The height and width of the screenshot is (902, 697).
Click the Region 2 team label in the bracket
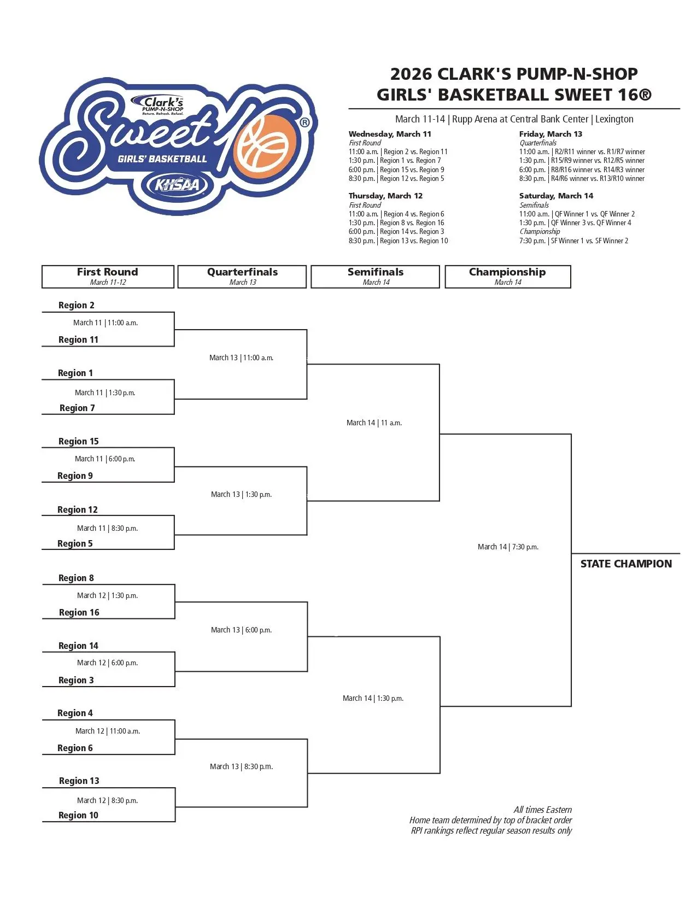(77, 305)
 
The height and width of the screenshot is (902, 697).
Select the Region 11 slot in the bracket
(79, 339)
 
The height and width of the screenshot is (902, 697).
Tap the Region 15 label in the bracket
(79, 441)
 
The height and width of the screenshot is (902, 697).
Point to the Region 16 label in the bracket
(79, 612)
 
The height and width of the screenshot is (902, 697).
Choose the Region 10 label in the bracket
(79, 815)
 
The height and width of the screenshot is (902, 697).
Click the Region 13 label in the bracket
(79, 781)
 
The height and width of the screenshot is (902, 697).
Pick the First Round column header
(108, 277)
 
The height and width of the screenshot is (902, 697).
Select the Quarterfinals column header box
(242, 277)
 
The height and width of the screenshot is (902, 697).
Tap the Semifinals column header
(376, 277)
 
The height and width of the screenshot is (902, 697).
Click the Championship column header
(508, 277)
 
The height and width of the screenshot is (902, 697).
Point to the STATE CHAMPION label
(626, 564)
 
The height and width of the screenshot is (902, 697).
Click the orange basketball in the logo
(265, 143)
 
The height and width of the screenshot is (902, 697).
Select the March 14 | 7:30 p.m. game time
(508, 547)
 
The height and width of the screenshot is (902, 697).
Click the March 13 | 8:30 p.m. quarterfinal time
(241, 766)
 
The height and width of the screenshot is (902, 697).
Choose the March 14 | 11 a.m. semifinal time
(374, 423)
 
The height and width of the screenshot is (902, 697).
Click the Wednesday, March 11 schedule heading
(390, 134)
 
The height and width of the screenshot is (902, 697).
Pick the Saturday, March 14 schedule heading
(556, 196)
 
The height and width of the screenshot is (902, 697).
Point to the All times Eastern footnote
(543, 810)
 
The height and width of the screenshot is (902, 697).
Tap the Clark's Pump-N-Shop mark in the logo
(163, 105)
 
